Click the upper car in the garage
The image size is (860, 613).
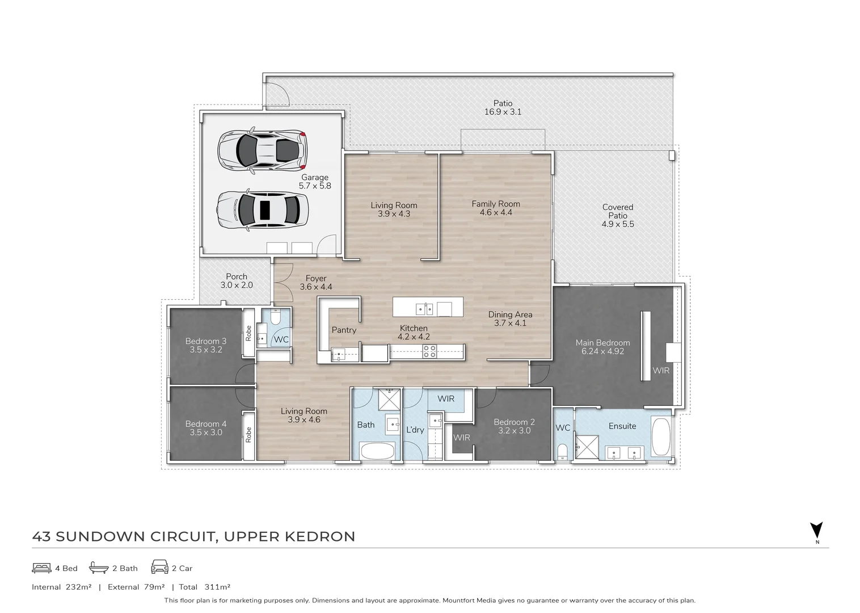point(262,150)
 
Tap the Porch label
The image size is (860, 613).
point(237,277)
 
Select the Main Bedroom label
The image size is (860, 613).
point(602,343)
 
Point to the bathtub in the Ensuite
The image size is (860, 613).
point(661,437)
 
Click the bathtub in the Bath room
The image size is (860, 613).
point(377,452)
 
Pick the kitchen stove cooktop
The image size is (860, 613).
point(429,351)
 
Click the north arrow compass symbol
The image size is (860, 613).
point(816,530)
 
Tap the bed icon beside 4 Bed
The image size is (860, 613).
point(41,568)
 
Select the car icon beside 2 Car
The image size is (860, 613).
point(159,567)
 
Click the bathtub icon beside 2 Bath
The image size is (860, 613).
point(99,568)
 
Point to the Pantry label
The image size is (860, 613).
point(344,330)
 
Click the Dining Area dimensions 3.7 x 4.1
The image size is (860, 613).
point(510,323)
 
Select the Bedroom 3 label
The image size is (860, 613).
point(205,341)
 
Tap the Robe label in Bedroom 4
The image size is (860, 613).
point(248,435)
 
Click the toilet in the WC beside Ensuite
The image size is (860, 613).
point(562,452)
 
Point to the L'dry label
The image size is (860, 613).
point(415,430)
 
